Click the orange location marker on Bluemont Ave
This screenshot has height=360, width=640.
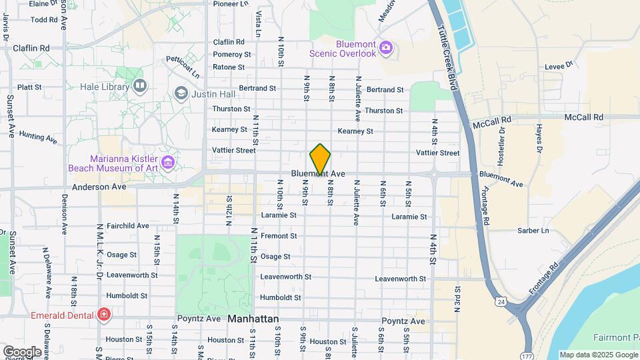[320, 159]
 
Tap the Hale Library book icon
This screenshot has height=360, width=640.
[140, 85]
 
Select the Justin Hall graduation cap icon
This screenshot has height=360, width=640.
[181, 93]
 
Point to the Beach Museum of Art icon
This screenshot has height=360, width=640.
[168, 162]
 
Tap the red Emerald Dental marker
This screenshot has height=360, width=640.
[103, 314]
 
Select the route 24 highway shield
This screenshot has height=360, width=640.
[499, 302]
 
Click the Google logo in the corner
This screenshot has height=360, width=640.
[22, 351]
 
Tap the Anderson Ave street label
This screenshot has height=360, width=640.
[99, 187]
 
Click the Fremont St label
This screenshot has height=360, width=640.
[279, 236]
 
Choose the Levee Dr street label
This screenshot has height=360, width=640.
[559, 65]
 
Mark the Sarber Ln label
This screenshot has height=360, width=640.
[533, 231]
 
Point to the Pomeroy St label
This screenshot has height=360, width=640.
[232, 54]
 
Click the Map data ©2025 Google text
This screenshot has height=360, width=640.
[598, 355]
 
